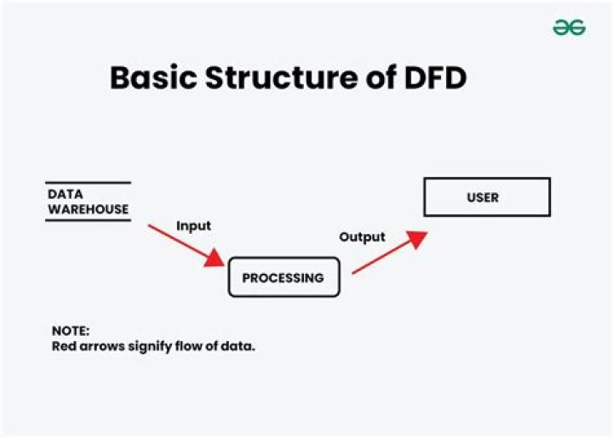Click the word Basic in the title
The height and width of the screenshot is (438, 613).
[x=151, y=78]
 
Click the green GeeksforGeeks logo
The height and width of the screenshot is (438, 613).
[x=569, y=27]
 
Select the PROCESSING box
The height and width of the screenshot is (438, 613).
[x=284, y=278]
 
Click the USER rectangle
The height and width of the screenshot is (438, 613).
[x=487, y=197]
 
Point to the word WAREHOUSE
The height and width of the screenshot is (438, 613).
[x=88, y=209]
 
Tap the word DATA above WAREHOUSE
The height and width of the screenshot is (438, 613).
[x=65, y=195]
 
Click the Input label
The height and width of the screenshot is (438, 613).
[x=193, y=226]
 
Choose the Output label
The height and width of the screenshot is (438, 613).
[x=362, y=237]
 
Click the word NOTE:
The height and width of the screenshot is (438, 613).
[x=70, y=331]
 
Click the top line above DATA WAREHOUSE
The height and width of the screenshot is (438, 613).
[x=88, y=183]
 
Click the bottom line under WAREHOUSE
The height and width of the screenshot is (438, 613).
[x=88, y=221]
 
